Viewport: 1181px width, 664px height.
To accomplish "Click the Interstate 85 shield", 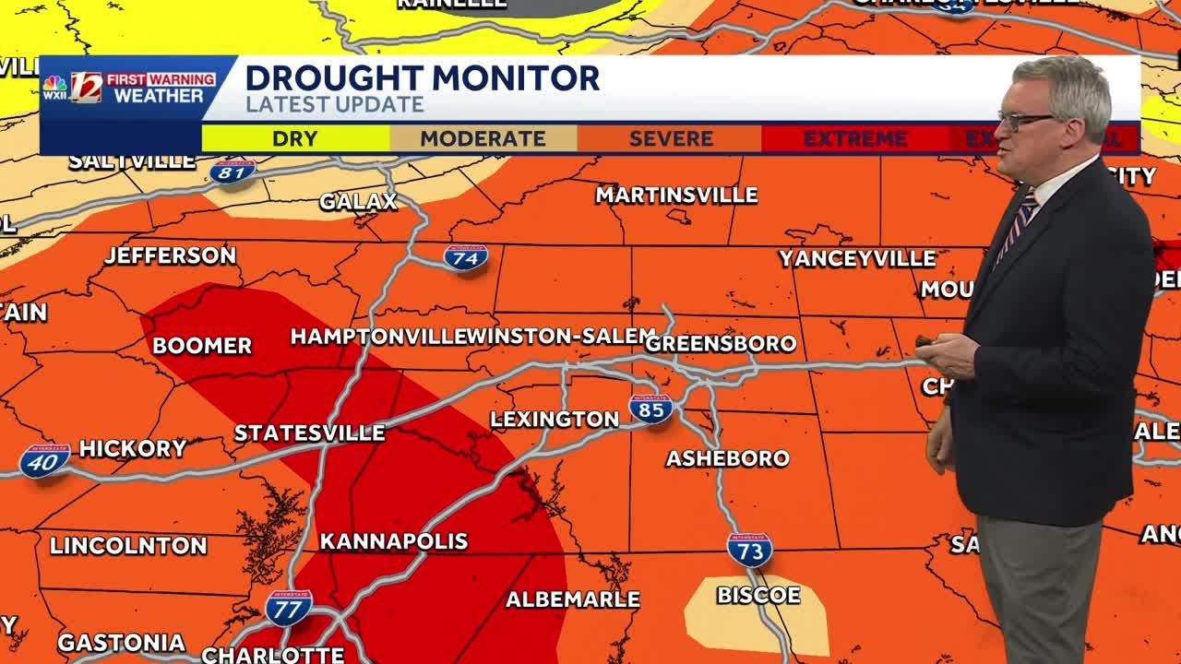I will (x=650, y=409).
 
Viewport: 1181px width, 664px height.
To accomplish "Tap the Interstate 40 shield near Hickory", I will (x=44, y=460).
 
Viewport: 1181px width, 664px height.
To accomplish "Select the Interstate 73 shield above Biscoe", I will (x=749, y=550).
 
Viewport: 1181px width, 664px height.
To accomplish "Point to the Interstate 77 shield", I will (x=289, y=608).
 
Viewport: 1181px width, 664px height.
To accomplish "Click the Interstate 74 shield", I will (x=466, y=257).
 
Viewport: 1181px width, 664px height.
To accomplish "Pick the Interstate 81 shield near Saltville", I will (x=233, y=171).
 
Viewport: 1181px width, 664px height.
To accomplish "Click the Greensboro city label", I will (x=721, y=344).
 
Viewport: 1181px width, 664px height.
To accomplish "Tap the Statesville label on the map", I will (x=309, y=433).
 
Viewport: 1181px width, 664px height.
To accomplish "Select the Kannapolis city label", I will (x=394, y=541).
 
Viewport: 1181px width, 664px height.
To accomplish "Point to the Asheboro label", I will (x=728, y=458).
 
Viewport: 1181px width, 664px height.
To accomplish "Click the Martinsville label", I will (x=676, y=196).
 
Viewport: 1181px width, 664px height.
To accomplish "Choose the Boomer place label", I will (x=202, y=346).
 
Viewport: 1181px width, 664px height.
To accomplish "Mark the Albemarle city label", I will (x=573, y=599).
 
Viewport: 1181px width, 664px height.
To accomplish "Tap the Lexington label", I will (x=555, y=420).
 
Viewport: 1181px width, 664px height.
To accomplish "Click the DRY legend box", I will (x=295, y=139).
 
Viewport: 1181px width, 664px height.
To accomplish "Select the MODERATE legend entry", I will (x=483, y=139).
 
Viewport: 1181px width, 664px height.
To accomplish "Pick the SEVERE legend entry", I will (x=671, y=139).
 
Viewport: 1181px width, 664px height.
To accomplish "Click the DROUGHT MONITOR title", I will (x=423, y=78).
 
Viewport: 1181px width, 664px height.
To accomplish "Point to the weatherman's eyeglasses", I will (x=1026, y=119).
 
